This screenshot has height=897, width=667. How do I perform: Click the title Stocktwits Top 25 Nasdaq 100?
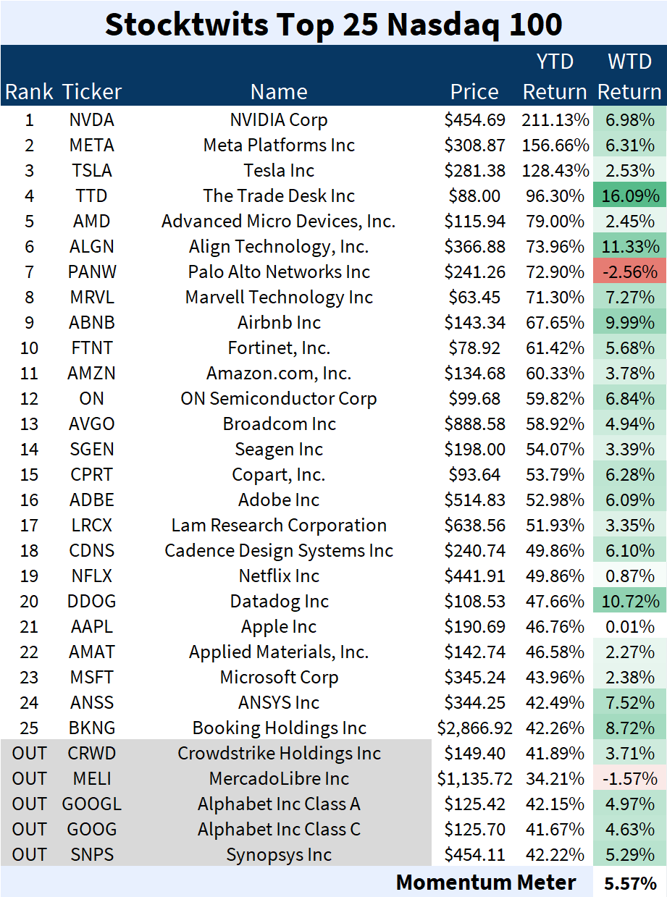333,24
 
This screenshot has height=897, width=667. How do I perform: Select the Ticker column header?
92,92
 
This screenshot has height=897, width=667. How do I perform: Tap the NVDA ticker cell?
92,120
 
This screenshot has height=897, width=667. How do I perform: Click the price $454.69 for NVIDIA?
474,120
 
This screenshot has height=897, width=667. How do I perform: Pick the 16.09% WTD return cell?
629,196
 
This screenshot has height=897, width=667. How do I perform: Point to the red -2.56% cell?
629,272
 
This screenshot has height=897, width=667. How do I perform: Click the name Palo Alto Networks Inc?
279,272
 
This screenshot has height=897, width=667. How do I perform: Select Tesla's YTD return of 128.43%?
555,171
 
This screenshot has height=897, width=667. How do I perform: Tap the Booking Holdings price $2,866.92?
474,728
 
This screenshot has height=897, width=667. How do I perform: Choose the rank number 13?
30,424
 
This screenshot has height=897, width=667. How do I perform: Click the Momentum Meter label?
486,883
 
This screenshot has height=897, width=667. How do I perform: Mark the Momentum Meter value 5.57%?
629,883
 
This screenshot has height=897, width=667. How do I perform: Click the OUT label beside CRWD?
30,754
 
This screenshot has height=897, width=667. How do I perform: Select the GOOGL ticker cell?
92,804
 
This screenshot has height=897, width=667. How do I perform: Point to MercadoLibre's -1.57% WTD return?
629,779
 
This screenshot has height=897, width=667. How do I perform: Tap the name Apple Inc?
279,627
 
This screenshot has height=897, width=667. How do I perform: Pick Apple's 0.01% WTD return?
629,627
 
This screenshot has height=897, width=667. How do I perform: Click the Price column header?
474,92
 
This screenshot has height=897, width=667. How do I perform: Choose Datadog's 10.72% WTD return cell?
629,602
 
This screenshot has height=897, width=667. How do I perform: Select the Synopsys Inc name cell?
279,855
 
